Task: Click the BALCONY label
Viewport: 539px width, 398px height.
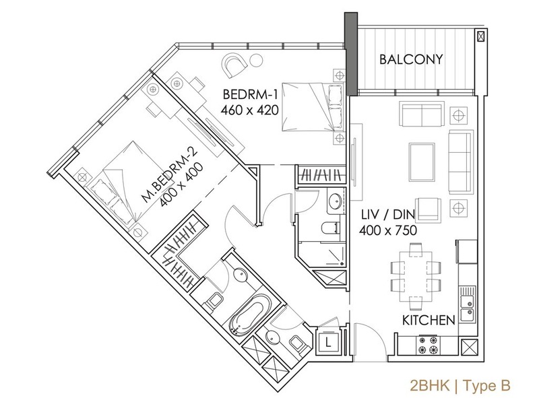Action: tap(411, 59)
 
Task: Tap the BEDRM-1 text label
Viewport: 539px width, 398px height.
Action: tap(250, 94)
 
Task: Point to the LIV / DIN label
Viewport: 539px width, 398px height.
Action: tap(388, 214)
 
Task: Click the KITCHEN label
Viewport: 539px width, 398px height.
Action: tap(429, 321)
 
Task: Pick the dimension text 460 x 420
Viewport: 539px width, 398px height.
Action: tap(249, 110)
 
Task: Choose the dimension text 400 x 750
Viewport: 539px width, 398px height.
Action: tap(388, 230)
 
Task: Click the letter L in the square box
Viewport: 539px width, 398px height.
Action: tap(328, 342)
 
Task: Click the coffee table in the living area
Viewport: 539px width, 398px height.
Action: tap(422, 162)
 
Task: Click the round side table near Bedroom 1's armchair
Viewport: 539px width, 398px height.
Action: tap(256, 61)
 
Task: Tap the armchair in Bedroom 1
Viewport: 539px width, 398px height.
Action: tap(235, 65)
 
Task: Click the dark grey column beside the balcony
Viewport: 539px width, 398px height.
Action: tap(351, 54)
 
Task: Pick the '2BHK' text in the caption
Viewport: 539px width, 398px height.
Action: tap(430, 385)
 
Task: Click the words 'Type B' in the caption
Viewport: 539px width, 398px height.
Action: tap(486, 386)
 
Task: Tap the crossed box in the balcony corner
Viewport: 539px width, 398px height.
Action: tap(480, 36)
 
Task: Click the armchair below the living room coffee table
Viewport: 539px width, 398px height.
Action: tap(428, 209)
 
